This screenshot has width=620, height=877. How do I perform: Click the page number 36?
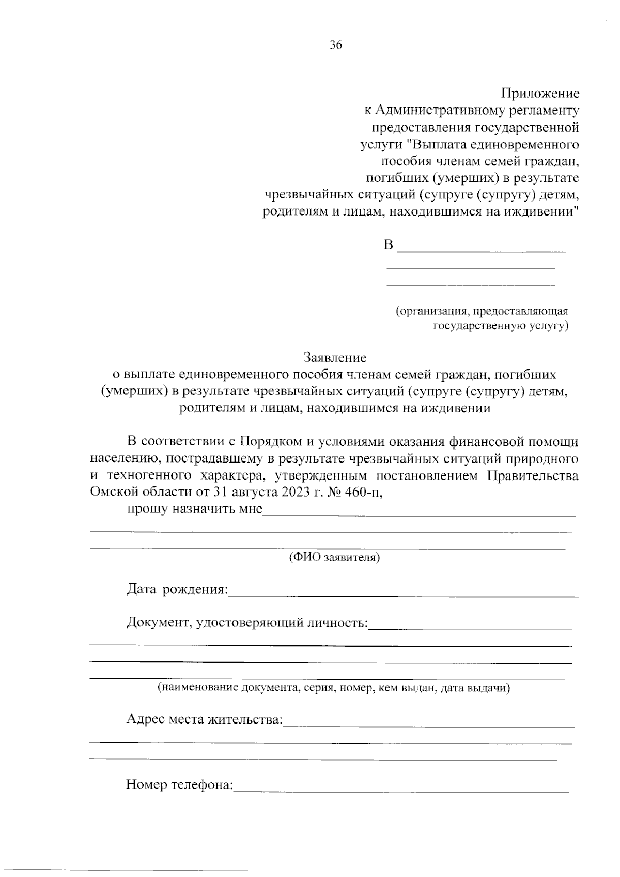click(336, 45)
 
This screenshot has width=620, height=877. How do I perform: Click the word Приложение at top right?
click(540, 94)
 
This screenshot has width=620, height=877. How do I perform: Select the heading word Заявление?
click(335, 358)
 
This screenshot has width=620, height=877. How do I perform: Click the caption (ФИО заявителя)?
click(334, 558)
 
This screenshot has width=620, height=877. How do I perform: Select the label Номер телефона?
click(179, 785)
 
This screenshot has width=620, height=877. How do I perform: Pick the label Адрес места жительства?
click(205, 720)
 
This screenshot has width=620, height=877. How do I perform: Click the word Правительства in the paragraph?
click(533, 476)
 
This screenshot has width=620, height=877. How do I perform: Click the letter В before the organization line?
click(389, 245)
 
